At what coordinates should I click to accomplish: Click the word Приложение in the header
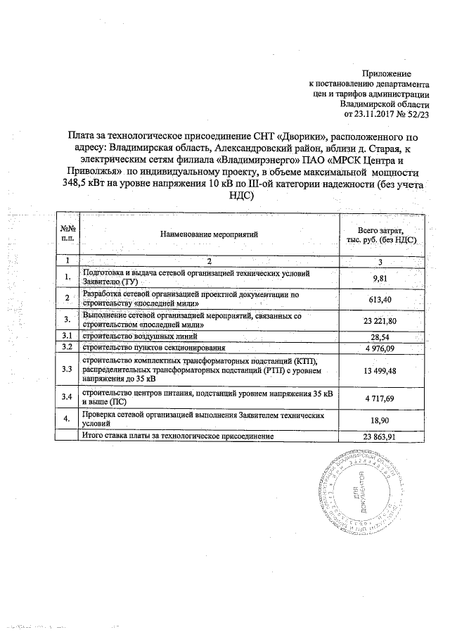coord(386,74)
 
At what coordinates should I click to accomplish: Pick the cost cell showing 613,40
coord(380,299)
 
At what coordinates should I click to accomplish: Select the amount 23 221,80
coord(380,321)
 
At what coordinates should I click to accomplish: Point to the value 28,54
coord(380,336)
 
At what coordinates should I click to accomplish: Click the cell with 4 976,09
coord(380,348)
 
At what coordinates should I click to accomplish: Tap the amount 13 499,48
coord(380,370)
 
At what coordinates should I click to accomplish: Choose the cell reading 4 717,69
coord(380,398)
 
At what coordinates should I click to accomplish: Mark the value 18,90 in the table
coord(380,420)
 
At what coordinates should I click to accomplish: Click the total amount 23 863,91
coord(380,436)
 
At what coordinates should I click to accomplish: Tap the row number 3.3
coord(67,370)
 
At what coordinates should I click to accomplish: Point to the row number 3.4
coord(67,398)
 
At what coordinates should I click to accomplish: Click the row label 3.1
coord(67,336)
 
